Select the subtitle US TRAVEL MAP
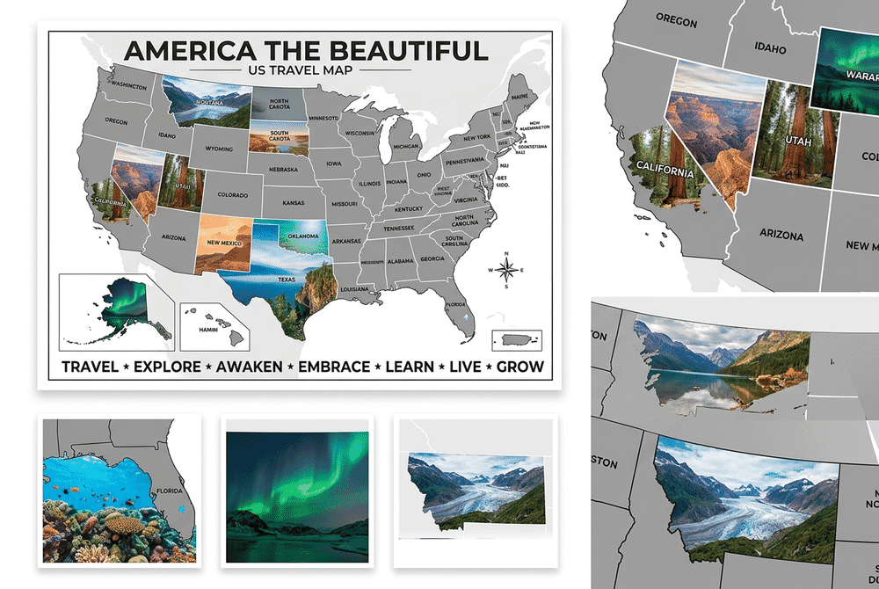tap(301, 69)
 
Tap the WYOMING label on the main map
tap(220, 149)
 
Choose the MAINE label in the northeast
tap(520, 97)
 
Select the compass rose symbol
tap(505, 270)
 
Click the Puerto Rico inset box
tap(517, 339)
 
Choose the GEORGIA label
tap(432, 259)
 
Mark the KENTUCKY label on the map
tap(408, 208)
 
